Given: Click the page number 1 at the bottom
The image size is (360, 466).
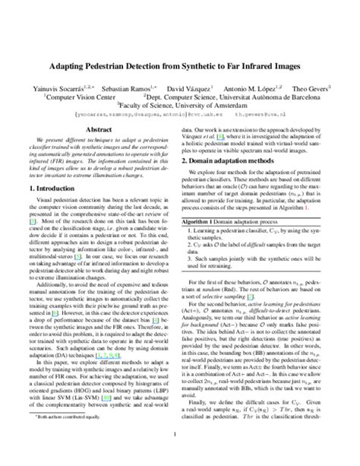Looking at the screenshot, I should pyautogui.click(x=179, y=454).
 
